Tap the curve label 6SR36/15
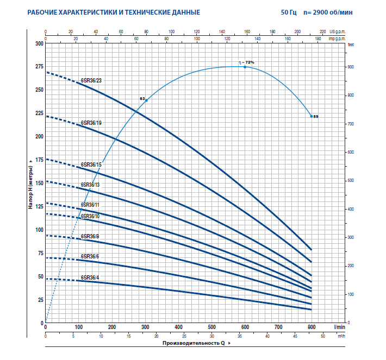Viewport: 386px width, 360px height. [x=91, y=164]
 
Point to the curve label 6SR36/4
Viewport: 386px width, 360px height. [x=90, y=278]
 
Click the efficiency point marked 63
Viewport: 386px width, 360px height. [x=146, y=100]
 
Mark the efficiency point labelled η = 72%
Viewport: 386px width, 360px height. [x=245, y=67]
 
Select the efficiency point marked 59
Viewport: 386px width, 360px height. [x=312, y=116]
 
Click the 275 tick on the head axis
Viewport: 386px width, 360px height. [x=38, y=66]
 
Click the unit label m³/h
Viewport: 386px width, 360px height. [x=341, y=337]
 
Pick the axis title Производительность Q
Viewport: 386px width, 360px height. [x=195, y=344]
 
